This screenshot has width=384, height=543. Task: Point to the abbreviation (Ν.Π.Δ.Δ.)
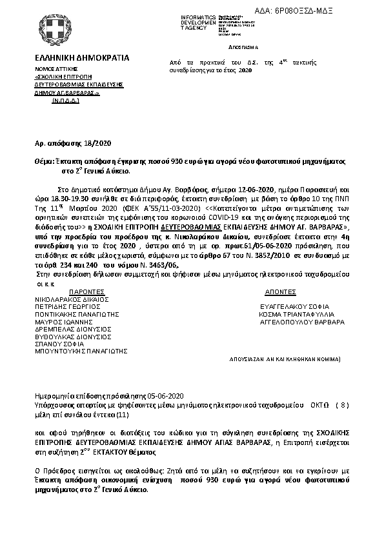(66, 101)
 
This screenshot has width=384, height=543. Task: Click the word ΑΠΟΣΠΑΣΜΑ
(243, 48)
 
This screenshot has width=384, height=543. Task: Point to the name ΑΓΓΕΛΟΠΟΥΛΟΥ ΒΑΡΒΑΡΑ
(301, 321)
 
